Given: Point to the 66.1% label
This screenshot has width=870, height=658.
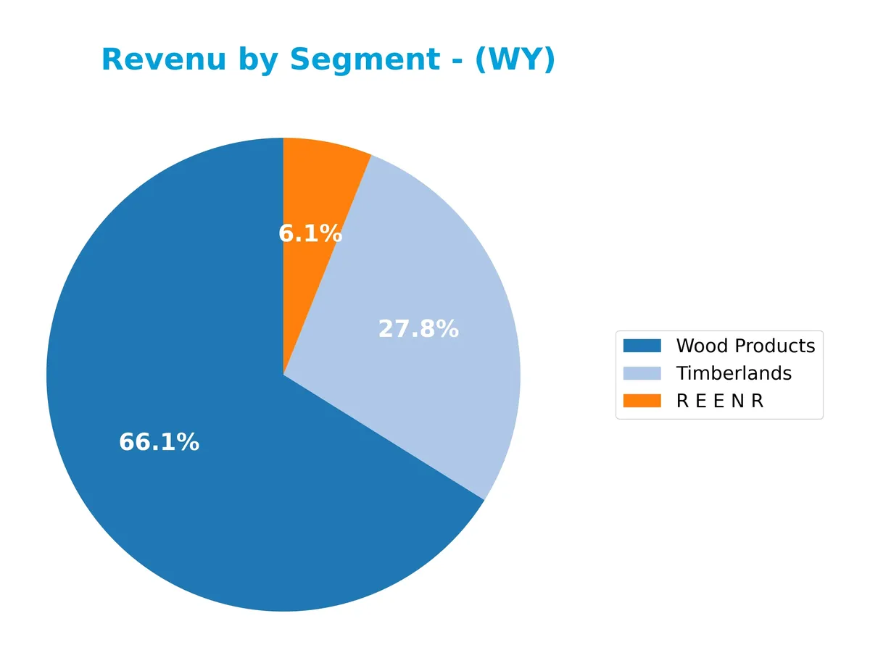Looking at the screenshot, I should [x=159, y=442].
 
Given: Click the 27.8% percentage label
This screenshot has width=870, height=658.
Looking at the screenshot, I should [x=418, y=329].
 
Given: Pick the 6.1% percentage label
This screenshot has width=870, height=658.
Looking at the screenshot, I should [x=310, y=233].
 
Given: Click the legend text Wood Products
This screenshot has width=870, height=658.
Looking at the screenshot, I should [x=745, y=346].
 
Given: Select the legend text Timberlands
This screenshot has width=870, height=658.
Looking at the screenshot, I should [x=734, y=373].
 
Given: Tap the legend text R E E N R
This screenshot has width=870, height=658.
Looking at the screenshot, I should [x=719, y=401].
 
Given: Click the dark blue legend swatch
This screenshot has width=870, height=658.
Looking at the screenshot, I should [x=642, y=346].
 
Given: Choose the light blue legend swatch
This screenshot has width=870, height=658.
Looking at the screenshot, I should [x=642, y=373].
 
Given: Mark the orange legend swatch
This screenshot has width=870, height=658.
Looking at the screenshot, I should [x=642, y=401].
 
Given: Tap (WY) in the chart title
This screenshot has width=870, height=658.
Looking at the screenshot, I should [x=515, y=59].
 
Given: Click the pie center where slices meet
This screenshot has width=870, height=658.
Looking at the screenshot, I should [x=283, y=375].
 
